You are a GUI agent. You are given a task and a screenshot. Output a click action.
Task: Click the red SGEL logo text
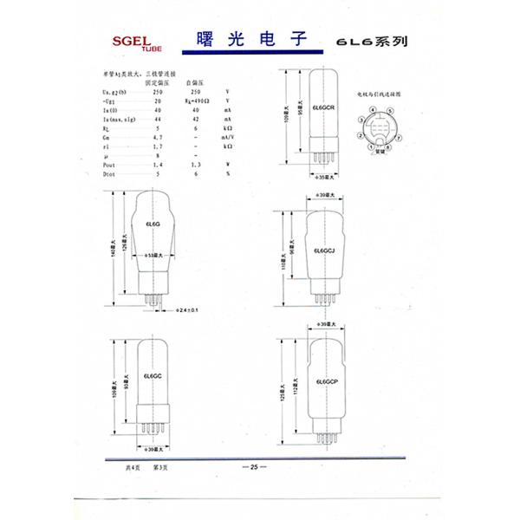pos(130,41)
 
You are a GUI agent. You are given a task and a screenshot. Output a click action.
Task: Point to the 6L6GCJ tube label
pos(324,250)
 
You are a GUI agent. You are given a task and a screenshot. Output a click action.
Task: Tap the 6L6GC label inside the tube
pos(154,377)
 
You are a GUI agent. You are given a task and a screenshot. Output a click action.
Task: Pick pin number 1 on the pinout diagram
pos(359,137)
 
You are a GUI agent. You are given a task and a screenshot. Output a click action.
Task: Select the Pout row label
pos(110,163)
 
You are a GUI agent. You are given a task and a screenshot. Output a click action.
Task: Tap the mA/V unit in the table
pos(228,137)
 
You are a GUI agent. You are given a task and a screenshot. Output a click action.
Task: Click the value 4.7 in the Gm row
pos(158,137)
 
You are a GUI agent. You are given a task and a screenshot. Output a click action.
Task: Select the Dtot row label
pos(110,174)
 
